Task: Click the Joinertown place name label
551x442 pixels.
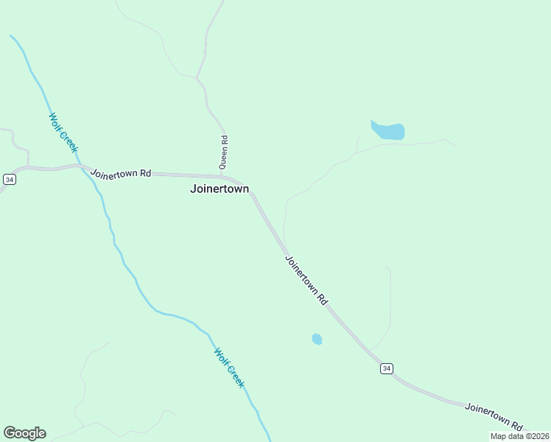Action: pyautogui.click(x=220, y=189)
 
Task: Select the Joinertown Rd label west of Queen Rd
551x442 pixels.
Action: pyautogui.click(x=121, y=174)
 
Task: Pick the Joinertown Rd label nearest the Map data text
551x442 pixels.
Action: pyautogui.click(x=494, y=416)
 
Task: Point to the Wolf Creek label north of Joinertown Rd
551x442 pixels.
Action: pyautogui.click(x=63, y=133)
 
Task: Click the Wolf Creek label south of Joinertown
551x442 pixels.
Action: pyautogui.click(x=228, y=368)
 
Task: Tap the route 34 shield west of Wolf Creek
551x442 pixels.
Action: pyautogui.click(x=9, y=180)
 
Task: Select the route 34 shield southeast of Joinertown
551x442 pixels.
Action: pyautogui.click(x=387, y=368)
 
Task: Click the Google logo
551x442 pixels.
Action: pyautogui.click(x=24, y=433)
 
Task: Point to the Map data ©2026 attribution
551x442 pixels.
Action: pyautogui.click(x=519, y=436)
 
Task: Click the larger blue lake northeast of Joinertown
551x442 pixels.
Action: pyautogui.click(x=388, y=131)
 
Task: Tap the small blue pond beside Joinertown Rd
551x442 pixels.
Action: pyautogui.click(x=317, y=339)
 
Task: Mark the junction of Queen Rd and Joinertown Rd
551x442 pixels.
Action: pyautogui.click(x=222, y=176)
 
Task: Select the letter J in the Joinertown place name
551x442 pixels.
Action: pyautogui.click(x=193, y=189)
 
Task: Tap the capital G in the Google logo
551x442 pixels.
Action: pyautogui.click(x=10, y=433)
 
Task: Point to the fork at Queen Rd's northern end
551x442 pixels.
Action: pyautogui.click(x=197, y=77)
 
